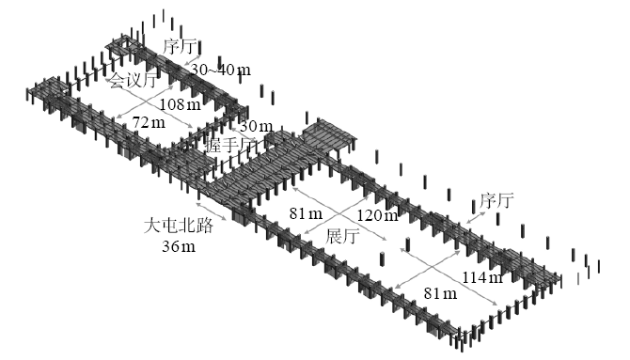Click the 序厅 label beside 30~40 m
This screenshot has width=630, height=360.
pos(182,46)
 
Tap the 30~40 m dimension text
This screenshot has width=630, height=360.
pos(220,70)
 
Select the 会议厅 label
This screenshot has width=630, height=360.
pos(133,81)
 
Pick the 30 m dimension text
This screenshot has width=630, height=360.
pos(256,126)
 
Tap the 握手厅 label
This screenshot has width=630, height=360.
pos(236,147)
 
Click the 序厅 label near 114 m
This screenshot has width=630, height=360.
pos(496,199)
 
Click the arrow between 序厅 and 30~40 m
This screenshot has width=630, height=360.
pos(191,60)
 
